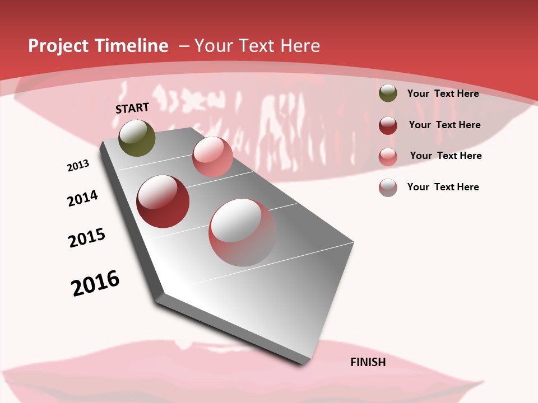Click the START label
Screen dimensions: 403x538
pyautogui.click(x=132, y=108)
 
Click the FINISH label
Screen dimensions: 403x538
pyautogui.click(x=368, y=362)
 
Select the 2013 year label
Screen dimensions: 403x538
pyautogui.click(x=78, y=166)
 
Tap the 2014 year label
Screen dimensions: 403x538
pyautogui.click(x=82, y=198)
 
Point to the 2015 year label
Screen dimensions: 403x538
pyautogui.click(x=87, y=238)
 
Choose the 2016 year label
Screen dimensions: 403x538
pyautogui.click(x=95, y=283)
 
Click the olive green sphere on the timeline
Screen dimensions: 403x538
pyautogui.click(x=137, y=138)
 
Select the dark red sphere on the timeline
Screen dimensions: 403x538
pyautogui.click(x=163, y=201)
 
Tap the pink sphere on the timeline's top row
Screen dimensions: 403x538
pyautogui.click(x=212, y=157)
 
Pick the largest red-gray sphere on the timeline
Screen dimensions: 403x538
pyautogui.click(x=243, y=232)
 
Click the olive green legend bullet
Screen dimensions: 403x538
pyautogui.click(x=388, y=93)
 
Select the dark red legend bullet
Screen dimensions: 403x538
pyautogui.click(x=388, y=125)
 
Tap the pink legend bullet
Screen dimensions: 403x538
pyautogui.click(x=388, y=156)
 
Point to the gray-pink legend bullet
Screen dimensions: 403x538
pyautogui.click(x=388, y=187)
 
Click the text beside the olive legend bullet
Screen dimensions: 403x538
pyautogui.click(x=443, y=93)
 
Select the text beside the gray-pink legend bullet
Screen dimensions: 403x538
pyautogui.click(x=443, y=187)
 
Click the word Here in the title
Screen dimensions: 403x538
pyautogui.click(x=300, y=46)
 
